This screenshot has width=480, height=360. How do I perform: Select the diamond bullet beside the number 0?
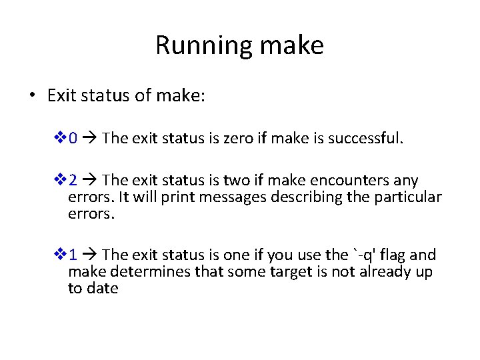[x=60, y=139]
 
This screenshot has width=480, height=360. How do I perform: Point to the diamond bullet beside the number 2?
[x=60, y=181]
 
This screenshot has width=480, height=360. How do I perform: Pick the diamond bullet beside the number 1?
[x=60, y=255]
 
